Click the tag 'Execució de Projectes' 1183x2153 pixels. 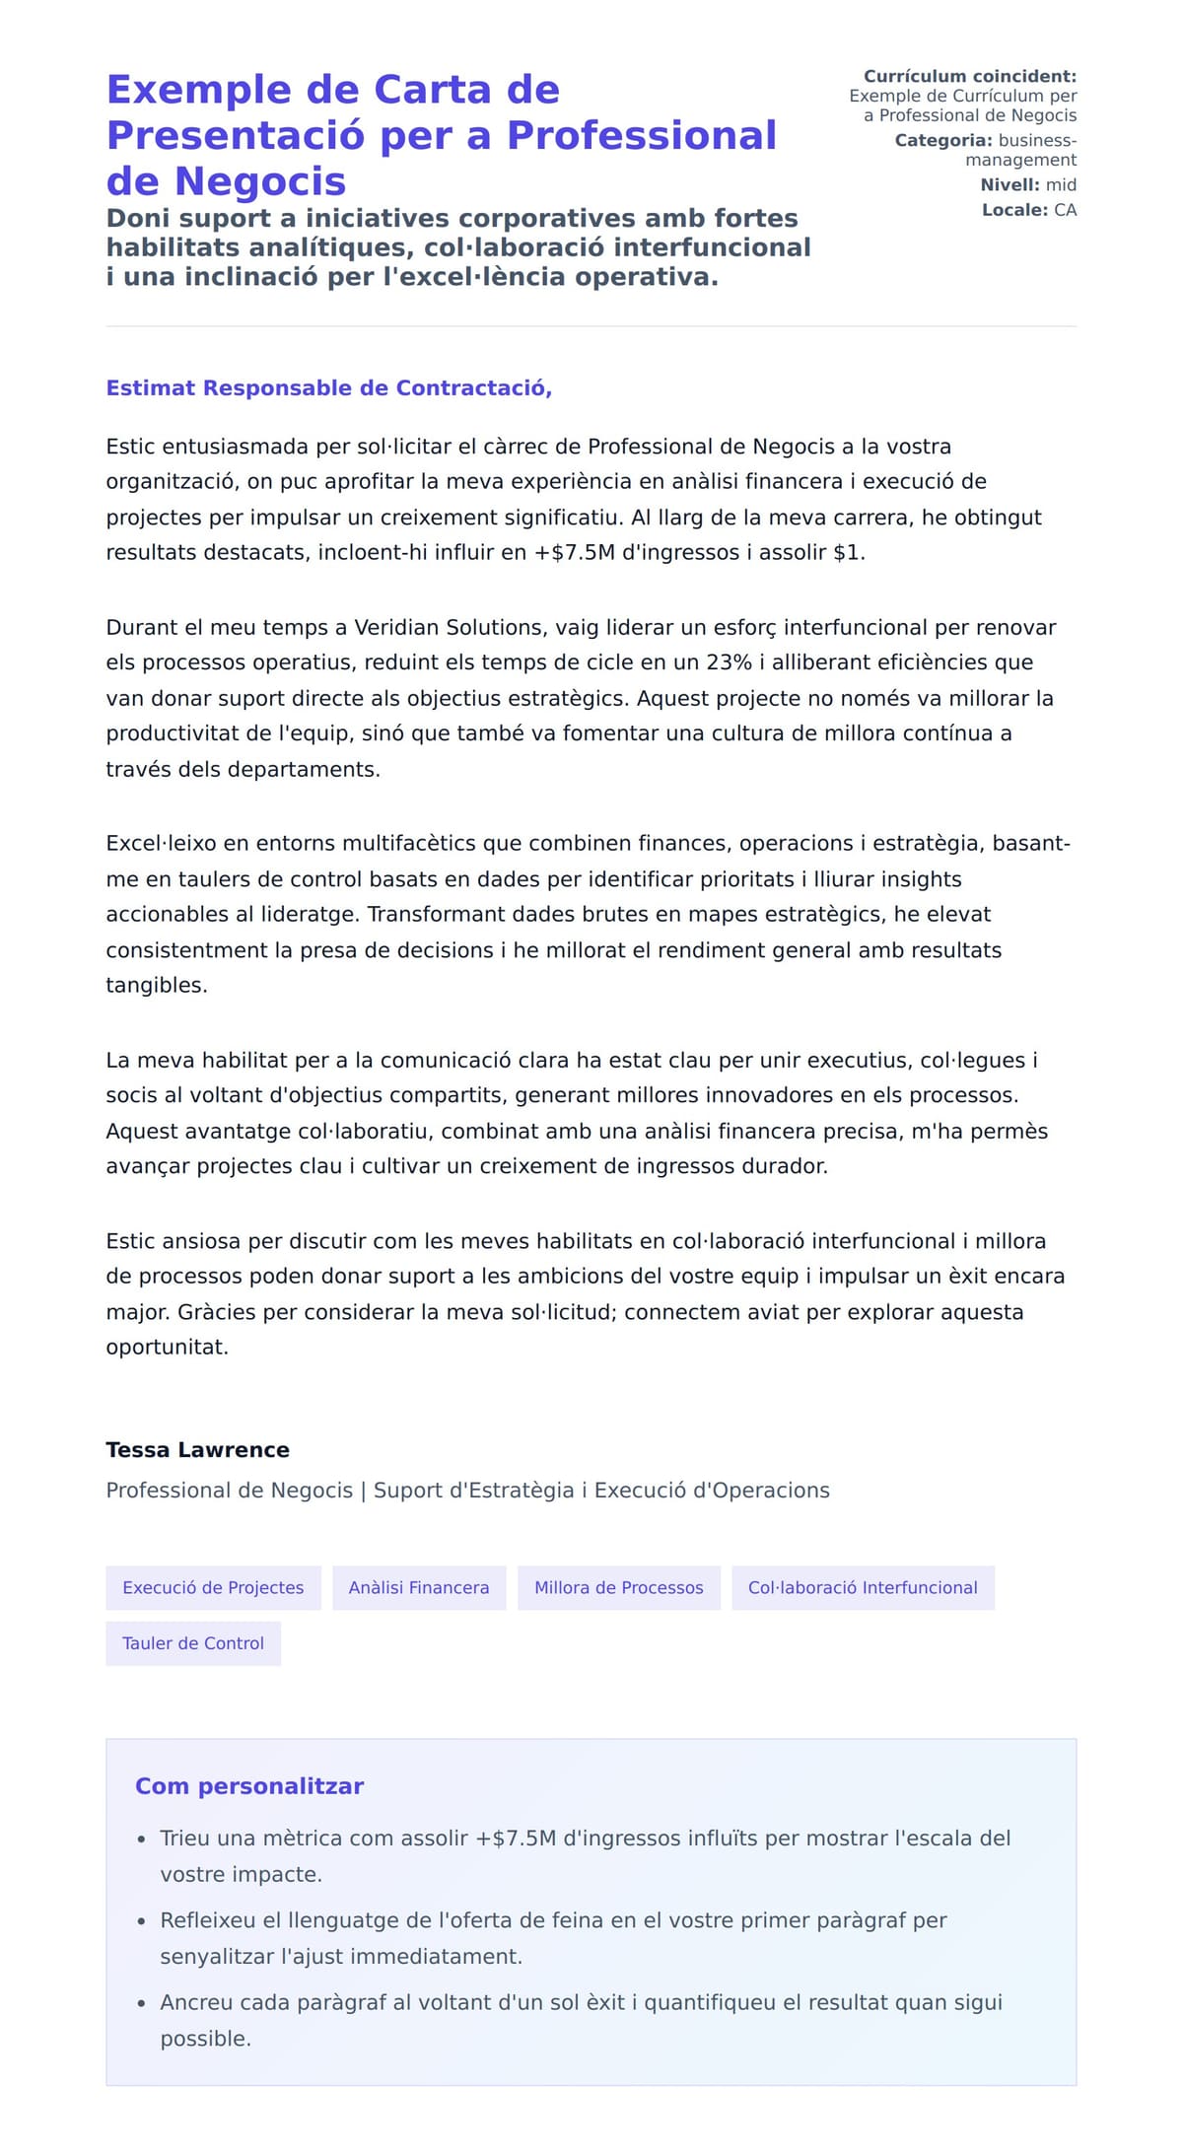213,1587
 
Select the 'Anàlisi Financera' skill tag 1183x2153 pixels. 419,1587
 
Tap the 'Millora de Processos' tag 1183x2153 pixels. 618,1587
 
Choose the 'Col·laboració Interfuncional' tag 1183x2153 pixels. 863,1587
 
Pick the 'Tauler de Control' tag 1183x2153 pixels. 193,1643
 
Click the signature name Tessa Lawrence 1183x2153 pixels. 197,1449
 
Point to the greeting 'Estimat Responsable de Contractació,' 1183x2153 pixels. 328,388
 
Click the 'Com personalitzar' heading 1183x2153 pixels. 249,1786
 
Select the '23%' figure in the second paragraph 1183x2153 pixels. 729,662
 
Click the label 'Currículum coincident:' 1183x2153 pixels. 970,76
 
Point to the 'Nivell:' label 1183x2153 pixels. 1009,184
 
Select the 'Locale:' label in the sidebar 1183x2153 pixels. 1014,210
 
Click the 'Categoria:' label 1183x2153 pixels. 943,140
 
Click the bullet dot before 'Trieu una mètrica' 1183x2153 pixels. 142,1840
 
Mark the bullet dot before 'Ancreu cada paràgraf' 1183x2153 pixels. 142,2004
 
